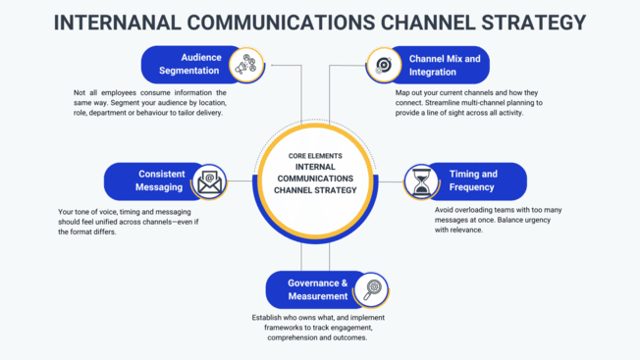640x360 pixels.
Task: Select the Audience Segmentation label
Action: point(187,65)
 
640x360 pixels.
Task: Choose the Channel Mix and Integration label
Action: point(445,65)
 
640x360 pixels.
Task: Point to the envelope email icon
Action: point(208,181)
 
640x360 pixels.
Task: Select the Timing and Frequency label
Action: point(473,180)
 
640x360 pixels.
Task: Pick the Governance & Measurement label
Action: point(317,289)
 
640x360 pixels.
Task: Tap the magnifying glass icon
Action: point(372,289)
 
